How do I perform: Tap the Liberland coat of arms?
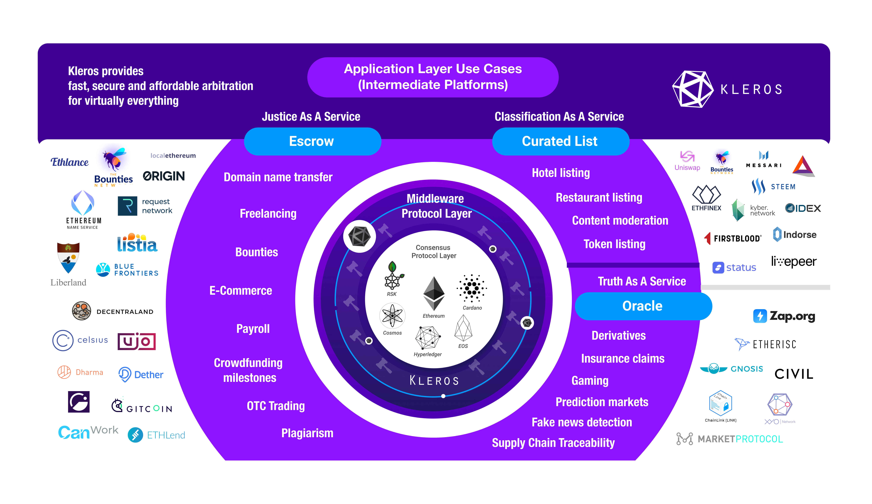68,258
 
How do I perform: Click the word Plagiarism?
307,433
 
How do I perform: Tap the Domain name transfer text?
278,177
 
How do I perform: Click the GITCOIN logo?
142,406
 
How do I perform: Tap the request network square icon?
127,206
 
